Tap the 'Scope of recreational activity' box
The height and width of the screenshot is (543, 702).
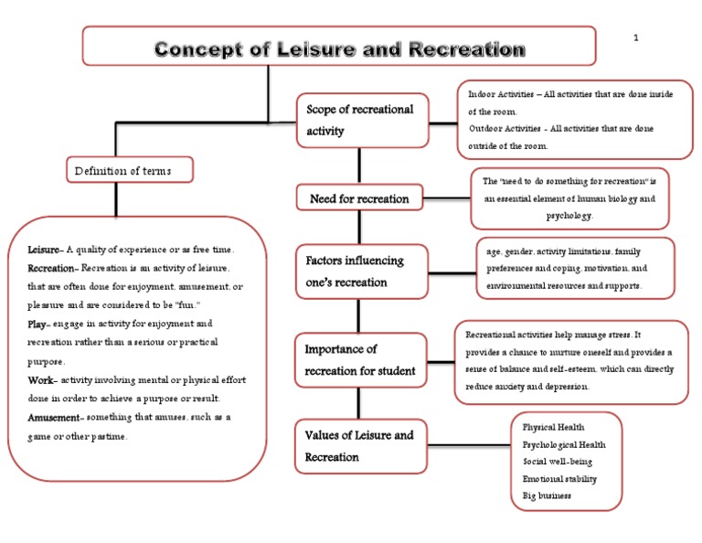[x=360, y=120]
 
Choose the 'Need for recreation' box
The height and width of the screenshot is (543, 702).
[x=359, y=198]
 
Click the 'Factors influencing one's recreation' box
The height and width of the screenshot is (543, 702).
[x=360, y=271]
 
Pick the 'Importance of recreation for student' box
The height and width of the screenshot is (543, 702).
[x=360, y=359]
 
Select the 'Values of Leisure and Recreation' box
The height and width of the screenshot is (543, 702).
[x=360, y=445]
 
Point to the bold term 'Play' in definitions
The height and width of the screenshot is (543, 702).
[x=39, y=324]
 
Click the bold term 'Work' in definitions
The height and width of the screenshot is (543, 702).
[x=42, y=380]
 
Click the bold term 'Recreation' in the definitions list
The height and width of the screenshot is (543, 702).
[x=53, y=268]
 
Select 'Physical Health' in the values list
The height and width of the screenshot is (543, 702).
[x=553, y=427]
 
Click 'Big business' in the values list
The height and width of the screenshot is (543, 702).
[x=547, y=495]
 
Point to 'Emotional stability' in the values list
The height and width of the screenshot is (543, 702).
[x=559, y=478]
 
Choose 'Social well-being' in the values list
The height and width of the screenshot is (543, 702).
[x=557, y=462]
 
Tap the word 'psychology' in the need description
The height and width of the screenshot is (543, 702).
[x=569, y=216]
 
